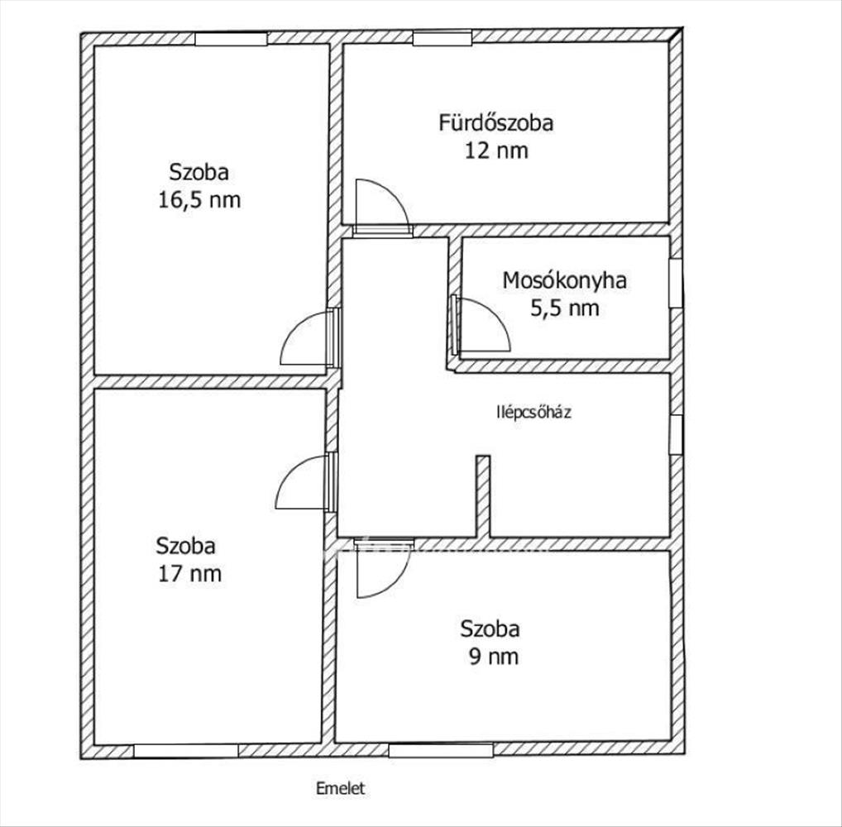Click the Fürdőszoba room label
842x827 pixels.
[495, 123]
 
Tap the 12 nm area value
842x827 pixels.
[495, 151]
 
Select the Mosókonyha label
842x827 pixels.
[564, 280]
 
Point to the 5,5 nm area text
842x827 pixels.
[564, 308]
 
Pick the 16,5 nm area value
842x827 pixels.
[199, 199]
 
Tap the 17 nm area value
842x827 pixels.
[189, 573]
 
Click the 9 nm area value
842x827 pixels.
[490, 657]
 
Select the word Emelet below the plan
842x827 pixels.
[341, 788]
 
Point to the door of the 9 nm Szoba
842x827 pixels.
[381, 571]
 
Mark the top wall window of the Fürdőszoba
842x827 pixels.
[442, 37]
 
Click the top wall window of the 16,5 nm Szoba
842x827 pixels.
[231, 38]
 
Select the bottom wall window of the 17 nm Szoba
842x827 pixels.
[185, 751]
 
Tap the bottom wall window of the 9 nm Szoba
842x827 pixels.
[440, 751]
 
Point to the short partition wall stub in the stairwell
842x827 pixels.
[483, 495]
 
